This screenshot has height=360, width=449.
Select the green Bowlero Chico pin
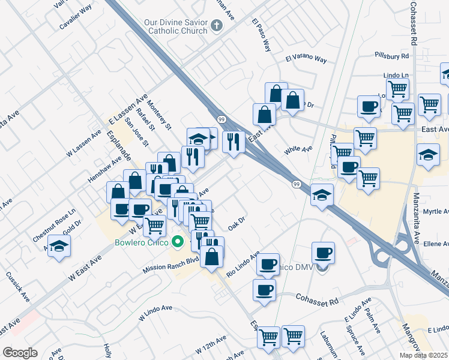tap(177, 243)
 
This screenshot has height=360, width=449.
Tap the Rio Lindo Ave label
tap(243, 264)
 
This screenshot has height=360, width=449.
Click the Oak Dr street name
tap(237, 223)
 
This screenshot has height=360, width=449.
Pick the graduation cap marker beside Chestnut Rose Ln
tap(59, 246)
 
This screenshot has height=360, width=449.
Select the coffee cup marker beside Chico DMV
tap(323, 252)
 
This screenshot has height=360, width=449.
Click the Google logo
tap(20, 353)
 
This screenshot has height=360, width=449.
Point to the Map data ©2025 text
tap(424, 355)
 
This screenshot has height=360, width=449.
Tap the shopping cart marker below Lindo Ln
tap(397, 89)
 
